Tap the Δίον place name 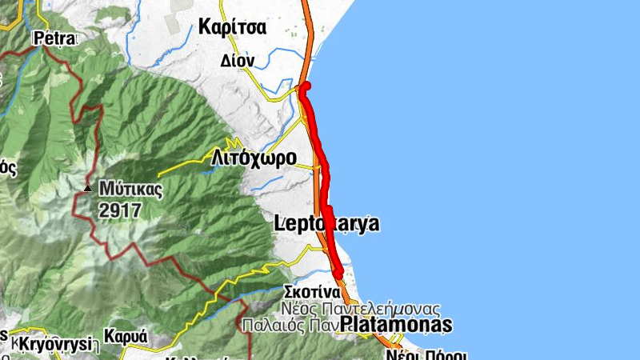tap(237, 60)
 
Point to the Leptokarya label tap(326, 224)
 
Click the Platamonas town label tap(396, 325)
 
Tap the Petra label tap(54, 38)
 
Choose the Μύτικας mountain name tap(131, 190)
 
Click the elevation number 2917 tap(121, 210)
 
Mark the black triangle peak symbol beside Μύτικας tap(88, 189)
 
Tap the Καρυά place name tap(128, 337)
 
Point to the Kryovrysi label tap(50, 343)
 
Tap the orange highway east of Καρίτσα tap(307, 32)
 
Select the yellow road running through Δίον tap(264, 80)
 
